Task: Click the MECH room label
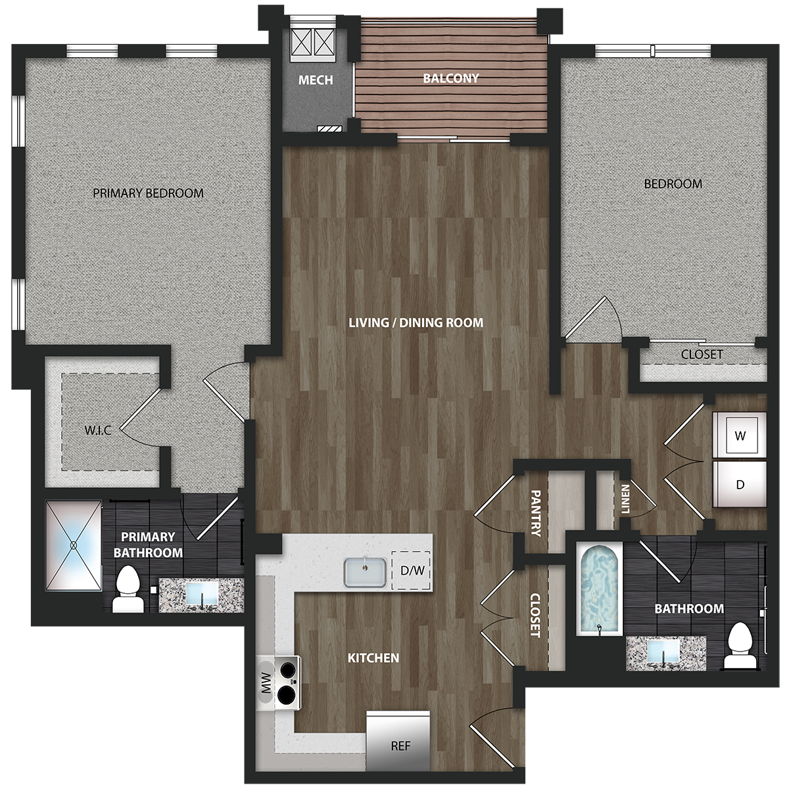tap(316, 79)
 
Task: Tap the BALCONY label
tap(450, 78)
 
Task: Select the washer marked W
tap(739, 435)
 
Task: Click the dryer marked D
tap(739, 484)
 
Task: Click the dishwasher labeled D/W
tap(412, 571)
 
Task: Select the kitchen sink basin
tap(365, 572)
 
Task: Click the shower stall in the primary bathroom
tap(74, 545)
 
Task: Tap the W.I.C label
tap(98, 430)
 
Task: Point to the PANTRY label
tap(536, 513)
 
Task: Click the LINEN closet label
tap(625, 499)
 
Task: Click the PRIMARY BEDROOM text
tap(148, 193)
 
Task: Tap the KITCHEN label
tap(373, 657)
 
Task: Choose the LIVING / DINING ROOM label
tap(416, 322)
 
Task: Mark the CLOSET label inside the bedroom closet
tap(702, 354)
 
